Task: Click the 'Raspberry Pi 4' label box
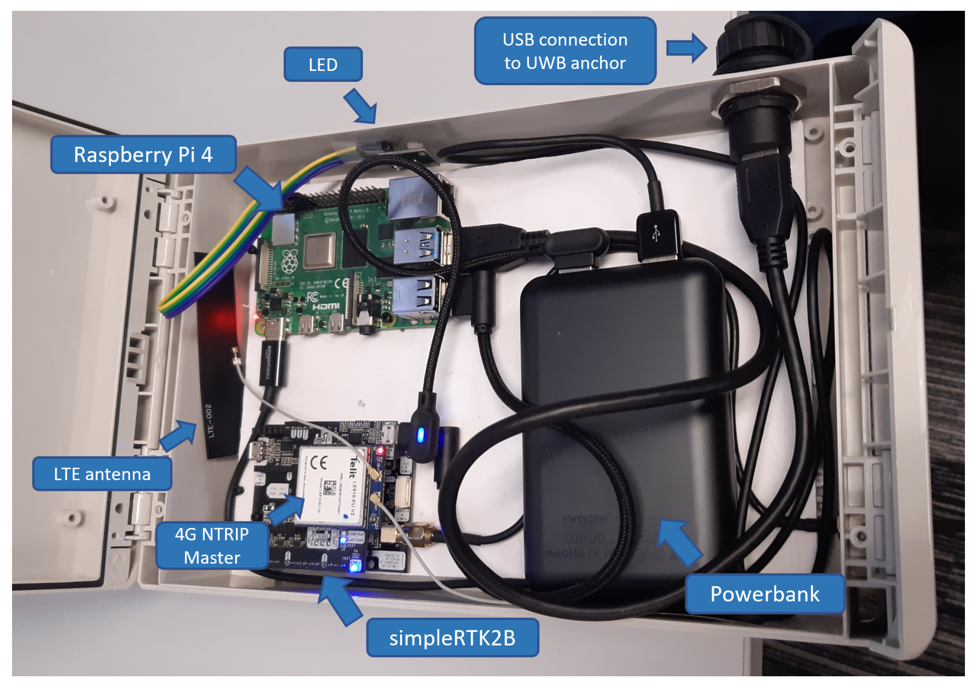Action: coord(143,155)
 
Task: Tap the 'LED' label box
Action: coord(323,65)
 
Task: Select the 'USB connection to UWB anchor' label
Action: coord(565,51)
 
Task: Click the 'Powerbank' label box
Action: coord(765,594)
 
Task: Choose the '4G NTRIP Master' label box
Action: coord(212,546)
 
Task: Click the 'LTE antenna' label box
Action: coord(102,474)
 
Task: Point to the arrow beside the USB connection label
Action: coord(686,48)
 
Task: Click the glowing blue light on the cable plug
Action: coord(421,435)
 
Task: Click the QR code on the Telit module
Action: coord(330,488)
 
